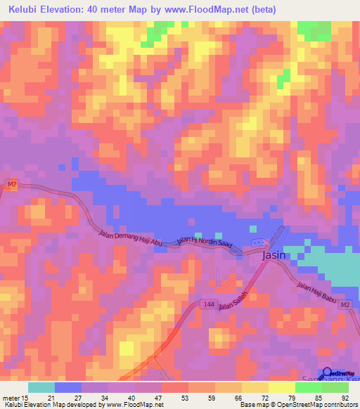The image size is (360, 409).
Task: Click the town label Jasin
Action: tap(274, 256)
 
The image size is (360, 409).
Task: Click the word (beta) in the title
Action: tap(259, 10)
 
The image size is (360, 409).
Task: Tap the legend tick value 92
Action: tap(343, 398)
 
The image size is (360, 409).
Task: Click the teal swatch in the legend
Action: tap(41, 387)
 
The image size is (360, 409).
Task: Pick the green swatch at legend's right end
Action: tap(335, 387)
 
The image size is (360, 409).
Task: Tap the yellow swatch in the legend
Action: tap(281, 387)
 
